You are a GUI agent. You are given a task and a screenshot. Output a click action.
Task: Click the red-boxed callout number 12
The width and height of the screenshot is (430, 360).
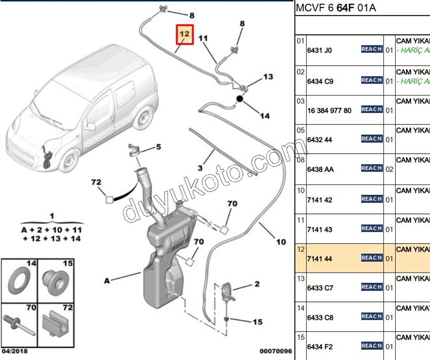[185, 34]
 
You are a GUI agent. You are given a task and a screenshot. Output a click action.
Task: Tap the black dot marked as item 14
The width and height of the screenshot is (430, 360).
[240, 100]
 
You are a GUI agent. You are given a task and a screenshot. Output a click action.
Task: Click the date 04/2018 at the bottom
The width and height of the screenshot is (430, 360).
[15, 351]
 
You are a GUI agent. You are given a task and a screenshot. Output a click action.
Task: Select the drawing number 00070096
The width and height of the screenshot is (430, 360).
[276, 351]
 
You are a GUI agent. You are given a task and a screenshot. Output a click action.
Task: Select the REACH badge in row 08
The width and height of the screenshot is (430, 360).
[371, 168]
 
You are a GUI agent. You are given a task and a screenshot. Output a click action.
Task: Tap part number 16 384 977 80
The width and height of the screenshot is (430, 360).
[329, 111]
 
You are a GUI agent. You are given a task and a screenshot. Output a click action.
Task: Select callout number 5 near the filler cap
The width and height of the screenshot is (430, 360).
[158, 147]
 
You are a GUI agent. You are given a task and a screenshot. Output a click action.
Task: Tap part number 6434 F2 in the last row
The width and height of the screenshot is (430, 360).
[319, 347]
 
